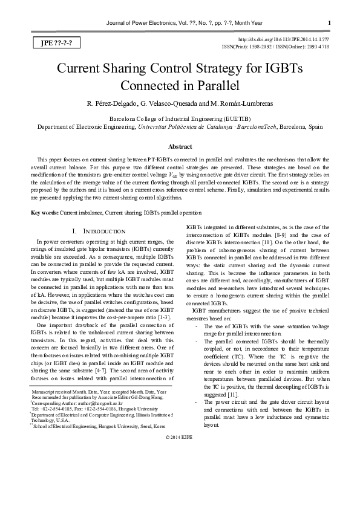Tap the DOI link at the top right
[290, 38]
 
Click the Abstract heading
[180, 147]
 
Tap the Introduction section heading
[101, 231]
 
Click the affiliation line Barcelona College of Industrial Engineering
[180, 119]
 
